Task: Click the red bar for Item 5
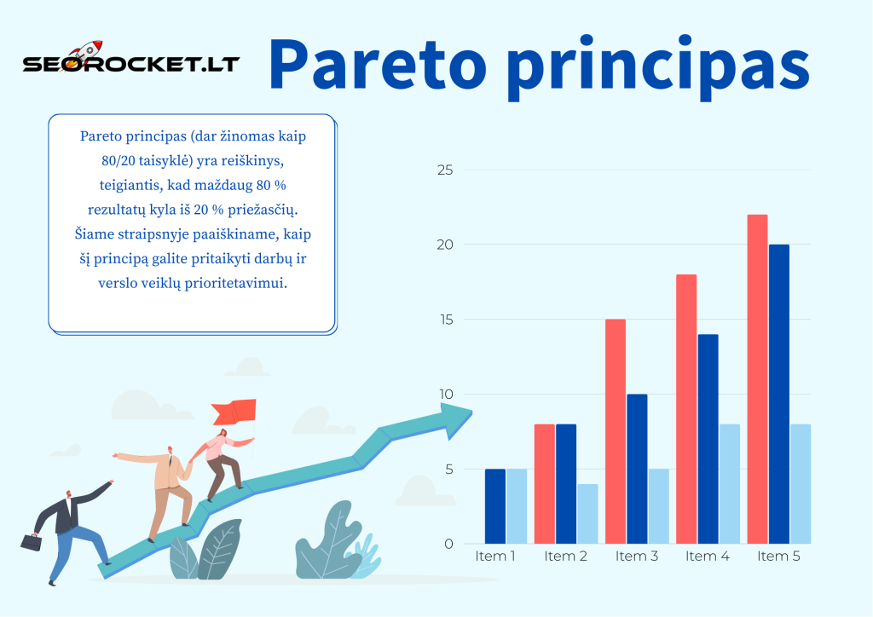coord(757,379)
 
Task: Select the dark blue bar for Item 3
coord(637,469)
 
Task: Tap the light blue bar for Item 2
coord(587,514)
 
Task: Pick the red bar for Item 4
coord(686,409)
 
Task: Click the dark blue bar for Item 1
coord(495,506)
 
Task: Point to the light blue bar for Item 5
coord(801,484)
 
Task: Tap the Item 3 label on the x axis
coord(637,556)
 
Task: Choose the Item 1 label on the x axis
coord(495,556)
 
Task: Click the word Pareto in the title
coord(379,65)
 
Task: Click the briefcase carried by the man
coord(31,541)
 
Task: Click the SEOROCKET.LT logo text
coord(130,65)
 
